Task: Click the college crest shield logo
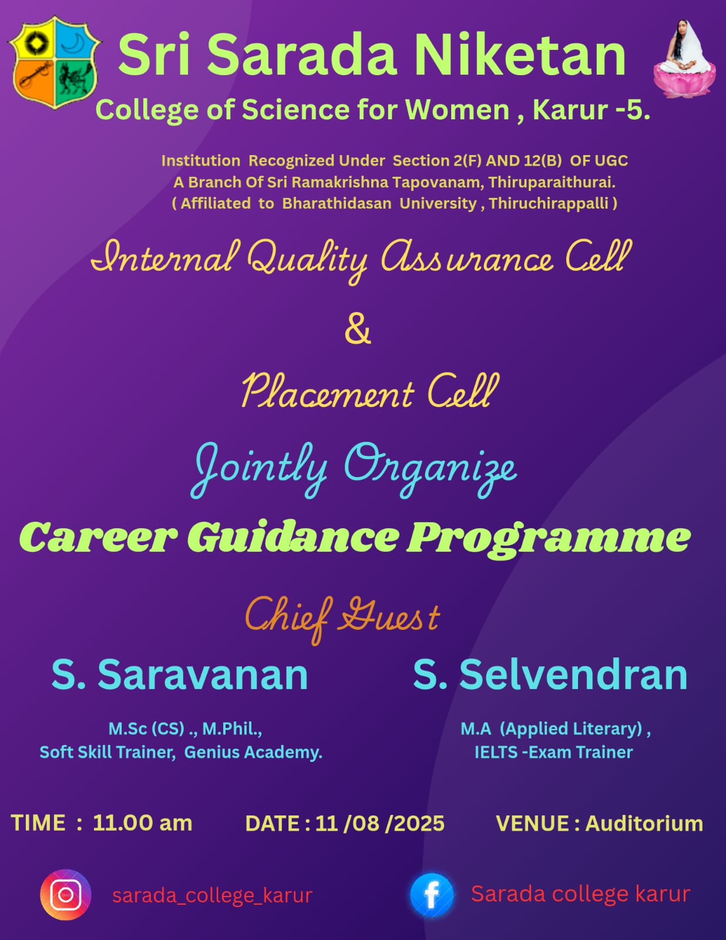[x=55, y=62]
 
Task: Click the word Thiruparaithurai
[x=552, y=183]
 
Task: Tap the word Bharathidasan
[x=337, y=203]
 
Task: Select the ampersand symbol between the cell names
[x=358, y=330]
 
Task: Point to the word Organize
[x=431, y=469]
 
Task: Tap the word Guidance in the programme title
[x=293, y=538]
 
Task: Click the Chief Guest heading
[x=342, y=619]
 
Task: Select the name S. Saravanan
[x=180, y=675]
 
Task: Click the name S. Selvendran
[x=550, y=675]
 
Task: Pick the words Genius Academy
[x=253, y=753]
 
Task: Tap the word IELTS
[x=496, y=753]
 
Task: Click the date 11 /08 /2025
[x=379, y=824]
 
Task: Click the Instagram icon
[x=66, y=895]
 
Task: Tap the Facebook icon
[x=432, y=895]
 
